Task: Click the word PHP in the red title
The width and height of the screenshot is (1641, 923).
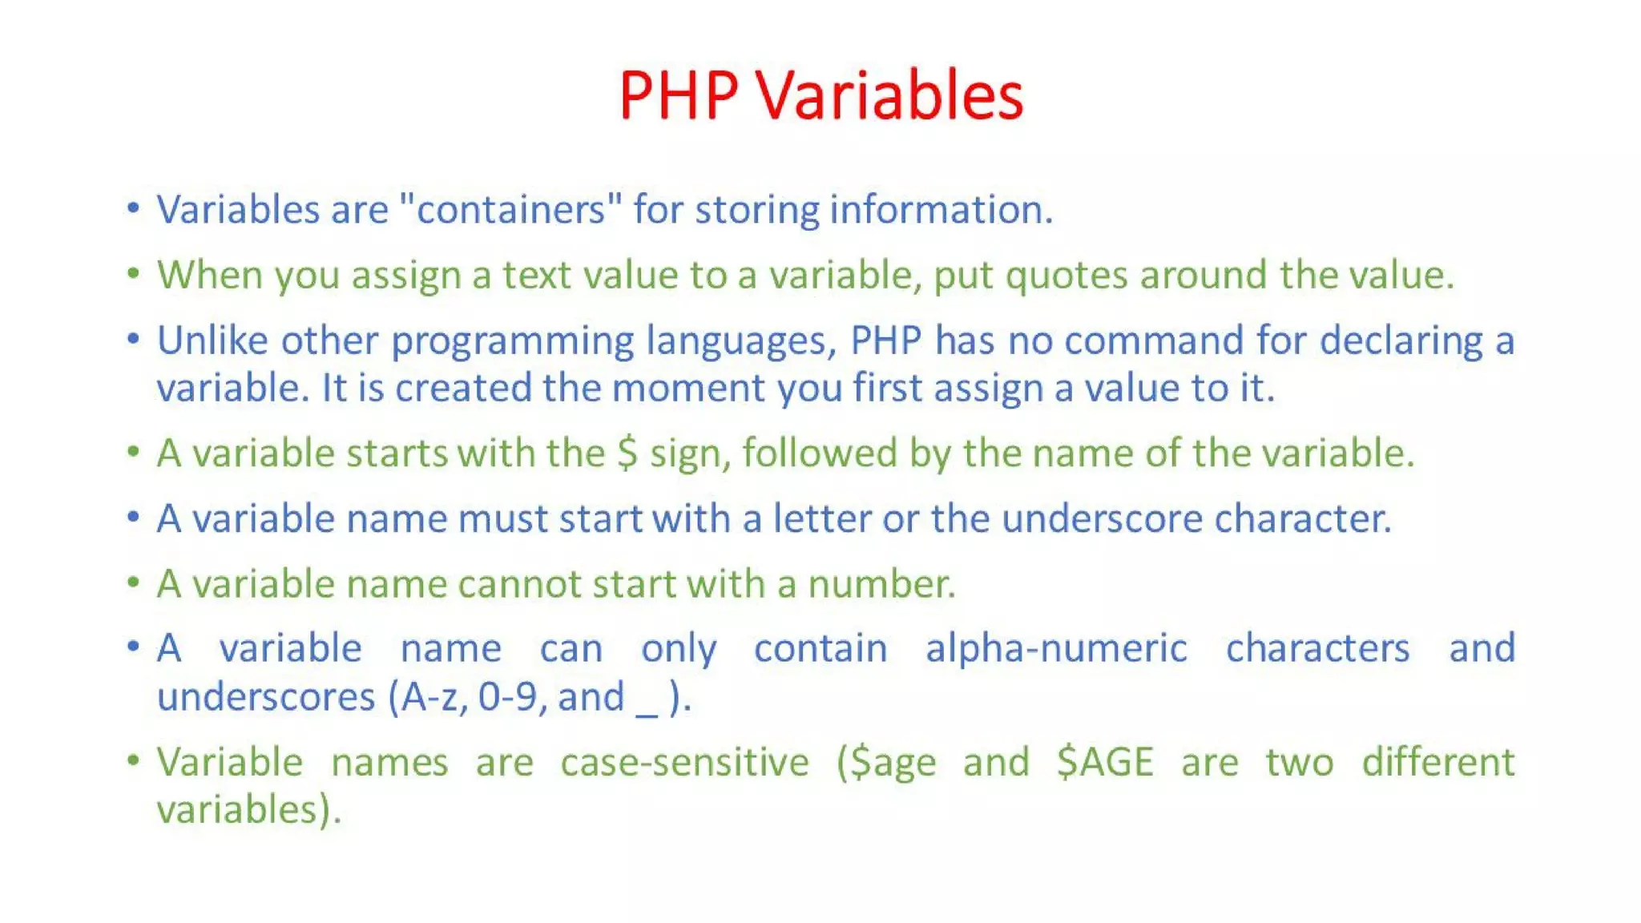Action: (678, 96)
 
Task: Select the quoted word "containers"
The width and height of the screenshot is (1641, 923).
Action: (510, 210)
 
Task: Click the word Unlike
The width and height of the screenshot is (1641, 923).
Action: (212, 341)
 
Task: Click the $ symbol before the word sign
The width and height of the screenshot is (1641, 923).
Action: (627, 454)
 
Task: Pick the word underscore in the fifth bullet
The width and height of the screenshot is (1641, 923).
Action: (1102, 519)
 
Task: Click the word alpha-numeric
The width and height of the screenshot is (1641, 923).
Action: (1056, 649)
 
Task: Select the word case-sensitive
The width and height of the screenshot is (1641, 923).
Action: (684, 763)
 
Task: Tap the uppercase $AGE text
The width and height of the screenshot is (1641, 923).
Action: (1105, 763)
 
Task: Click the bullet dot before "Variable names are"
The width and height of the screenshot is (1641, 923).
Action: (133, 758)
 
